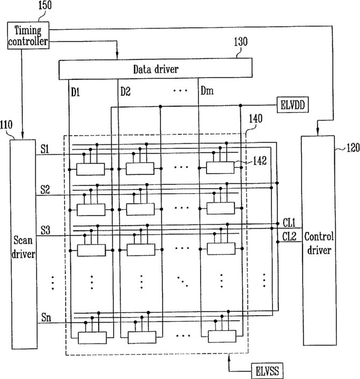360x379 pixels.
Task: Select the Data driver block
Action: tap(155, 69)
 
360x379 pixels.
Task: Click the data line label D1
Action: tap(76, 92)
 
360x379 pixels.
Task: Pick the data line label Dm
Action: tap(207, 92)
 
